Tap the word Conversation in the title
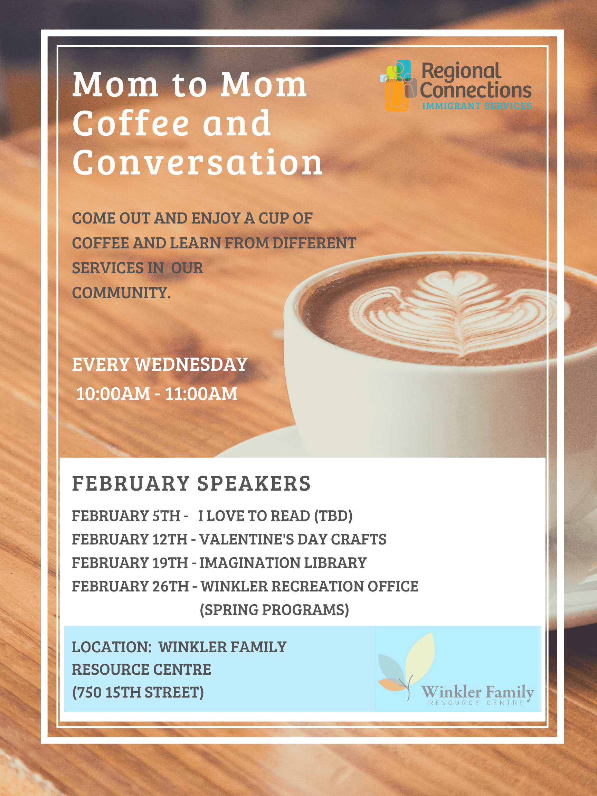[198, 162]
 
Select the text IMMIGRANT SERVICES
[477, 106]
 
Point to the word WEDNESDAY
[191, 364]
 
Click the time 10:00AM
[113, 394]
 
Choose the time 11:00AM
[201, 394]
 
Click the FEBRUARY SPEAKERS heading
[191, 483]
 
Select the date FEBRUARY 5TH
[126, 516]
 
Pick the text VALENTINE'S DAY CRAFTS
[293, 539]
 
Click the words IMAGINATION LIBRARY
[283, 563]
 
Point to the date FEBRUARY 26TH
[130, 586]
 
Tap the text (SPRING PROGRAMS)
[274, 610]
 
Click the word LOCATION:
[112, 647]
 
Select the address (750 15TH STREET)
[138, 692]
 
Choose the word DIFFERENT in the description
[314, 243]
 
